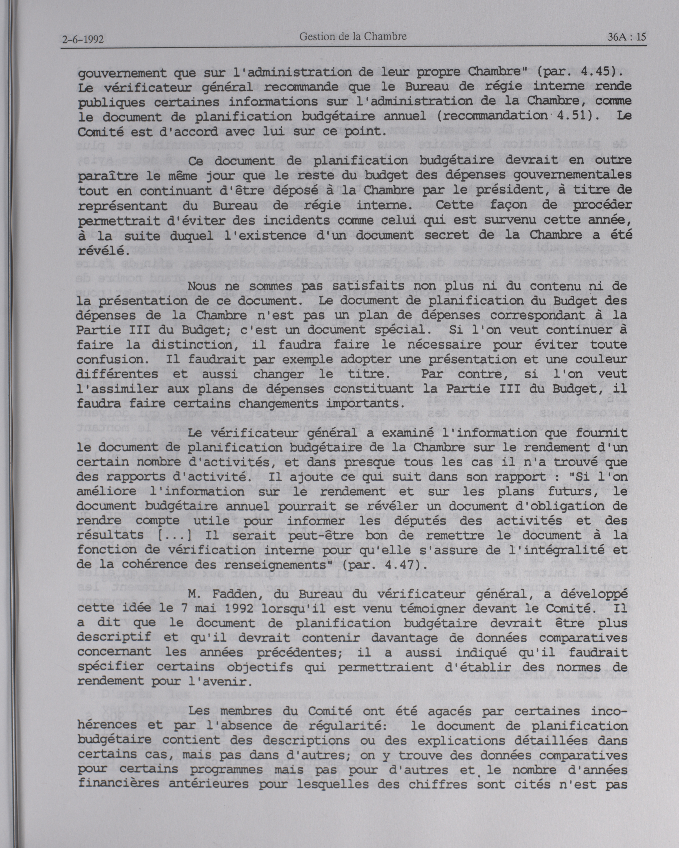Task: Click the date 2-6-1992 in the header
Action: (x=82, y=39)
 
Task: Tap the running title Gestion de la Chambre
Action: (x=353, y=37)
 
